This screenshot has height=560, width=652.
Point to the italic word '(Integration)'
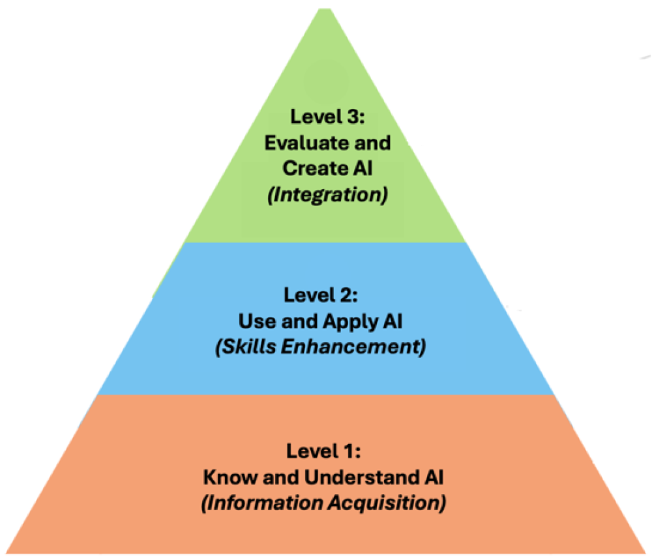click(x=328, y=194)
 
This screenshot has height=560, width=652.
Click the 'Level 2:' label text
click(x=320, y=295)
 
